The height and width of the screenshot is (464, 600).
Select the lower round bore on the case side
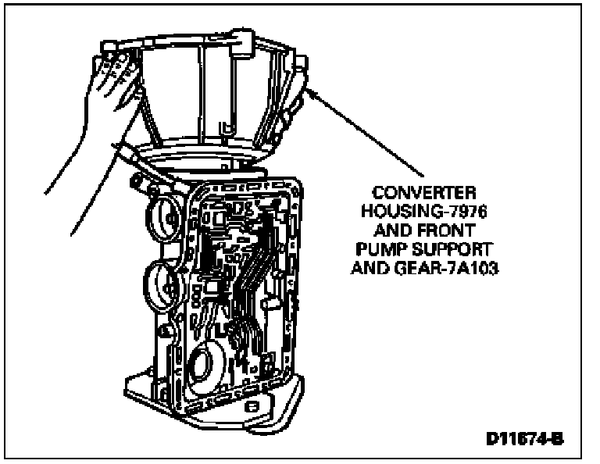pos(162,282)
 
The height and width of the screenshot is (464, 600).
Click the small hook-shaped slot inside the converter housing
pos(225,125)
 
